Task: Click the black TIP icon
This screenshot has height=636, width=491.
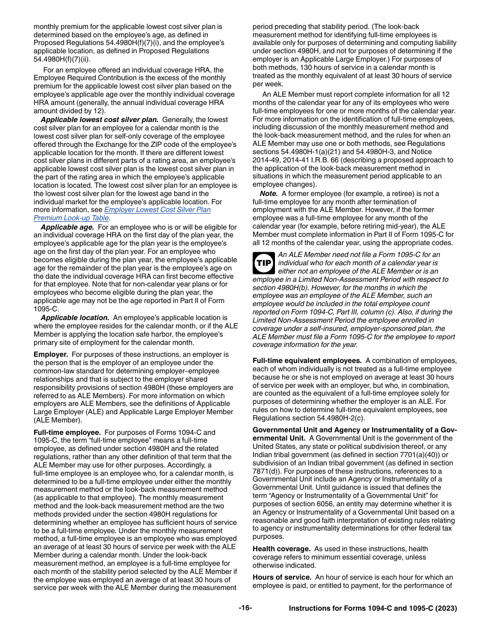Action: click(x=264, y=263)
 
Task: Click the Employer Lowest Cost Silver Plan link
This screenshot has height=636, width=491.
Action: click(x=158, y=209)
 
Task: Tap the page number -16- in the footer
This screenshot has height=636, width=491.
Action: click(x=245, y=608)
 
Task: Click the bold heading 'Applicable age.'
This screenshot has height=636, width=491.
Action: click(x=67, y=227)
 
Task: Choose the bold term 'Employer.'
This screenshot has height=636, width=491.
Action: click(x=51, y=354)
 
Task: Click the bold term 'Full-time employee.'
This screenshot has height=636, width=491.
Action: click(x=67, y=432)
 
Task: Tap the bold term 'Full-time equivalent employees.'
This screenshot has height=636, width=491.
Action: click(x=307, y=360)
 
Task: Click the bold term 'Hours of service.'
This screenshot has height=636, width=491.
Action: click(x=282, y=577)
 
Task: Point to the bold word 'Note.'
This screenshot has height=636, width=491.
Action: click(x=269, y=193)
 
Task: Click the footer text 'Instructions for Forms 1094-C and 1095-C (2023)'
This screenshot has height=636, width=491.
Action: click(x=373, y=609)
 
